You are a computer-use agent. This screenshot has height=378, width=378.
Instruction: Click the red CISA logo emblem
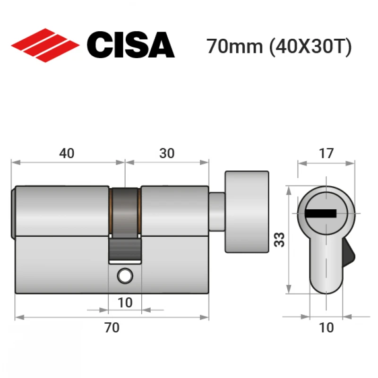click(45, 45)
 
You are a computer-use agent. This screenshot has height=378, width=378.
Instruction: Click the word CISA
click(131, 45)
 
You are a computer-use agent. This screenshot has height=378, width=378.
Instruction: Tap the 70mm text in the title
click(234, 46)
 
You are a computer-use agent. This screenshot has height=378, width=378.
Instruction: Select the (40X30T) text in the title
click(310, 47)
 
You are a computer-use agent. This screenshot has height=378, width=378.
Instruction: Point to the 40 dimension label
click(67, 153)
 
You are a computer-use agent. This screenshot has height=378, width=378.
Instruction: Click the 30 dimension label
click(167, 153)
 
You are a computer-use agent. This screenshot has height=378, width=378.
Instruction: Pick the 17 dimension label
click(326, 153)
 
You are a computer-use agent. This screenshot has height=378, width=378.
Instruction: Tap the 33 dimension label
click(279, 240)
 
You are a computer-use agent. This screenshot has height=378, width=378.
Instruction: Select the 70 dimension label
click(112, 327)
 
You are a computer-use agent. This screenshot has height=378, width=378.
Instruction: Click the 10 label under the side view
click(125, 302)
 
